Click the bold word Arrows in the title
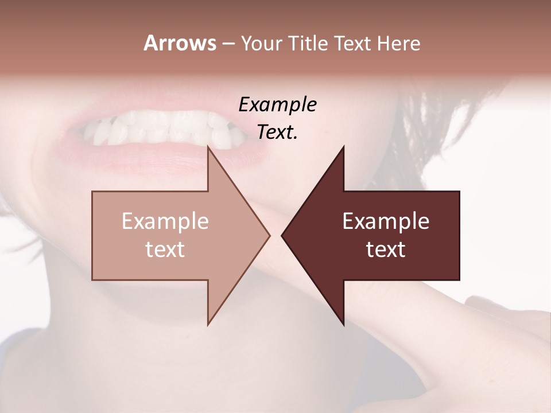click(179, 43)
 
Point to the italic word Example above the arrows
click(277, 104)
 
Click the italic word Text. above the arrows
click(277, 132)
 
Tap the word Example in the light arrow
click(165, 221)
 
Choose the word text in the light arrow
click(165, 249)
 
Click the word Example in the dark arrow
click(386, 221)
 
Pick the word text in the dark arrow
click(386, 249)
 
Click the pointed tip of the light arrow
click(269, 235)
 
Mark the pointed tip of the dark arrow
click(282, 235)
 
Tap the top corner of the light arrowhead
click(208, 147)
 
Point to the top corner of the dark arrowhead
click(343, 147)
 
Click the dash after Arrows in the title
click(227, 44)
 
